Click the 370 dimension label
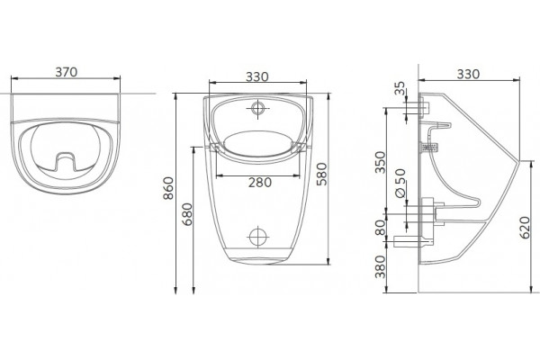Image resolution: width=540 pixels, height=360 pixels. [x=67, y=72]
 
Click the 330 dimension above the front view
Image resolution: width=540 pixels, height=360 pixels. [x=256, y=76]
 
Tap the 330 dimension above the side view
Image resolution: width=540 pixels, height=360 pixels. [x=468, y=74]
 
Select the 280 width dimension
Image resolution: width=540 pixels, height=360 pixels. [x=260, y=182]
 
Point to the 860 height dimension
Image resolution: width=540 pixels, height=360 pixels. [x=168, y=188]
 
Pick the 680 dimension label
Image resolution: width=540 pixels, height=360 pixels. [x=187, y=214]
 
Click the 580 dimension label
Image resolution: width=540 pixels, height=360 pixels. [x=321, y=174]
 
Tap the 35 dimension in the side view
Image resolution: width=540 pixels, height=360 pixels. [x=400, y=88]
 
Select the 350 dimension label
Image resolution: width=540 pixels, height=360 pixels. [x=381, y=162]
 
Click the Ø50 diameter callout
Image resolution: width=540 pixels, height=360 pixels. [x=400, y=184]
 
